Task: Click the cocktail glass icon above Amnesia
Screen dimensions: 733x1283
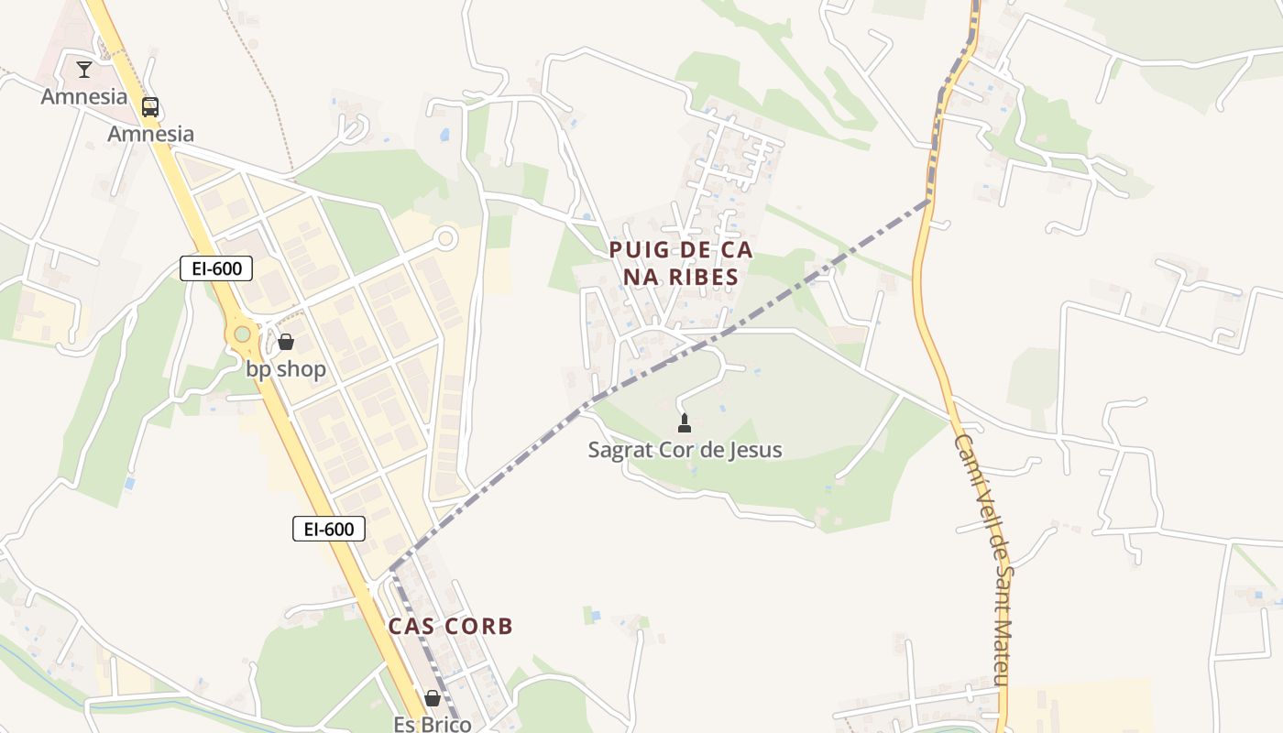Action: coord(84,69)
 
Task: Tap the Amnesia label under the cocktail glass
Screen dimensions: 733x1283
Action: coord(84,96)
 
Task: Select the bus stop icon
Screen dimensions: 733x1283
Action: coord(150,107)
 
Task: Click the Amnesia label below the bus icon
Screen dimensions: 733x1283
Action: coord(151,134)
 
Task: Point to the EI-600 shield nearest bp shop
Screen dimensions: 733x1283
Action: coord(216,268)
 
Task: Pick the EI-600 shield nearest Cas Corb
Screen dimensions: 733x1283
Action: coord(329,529)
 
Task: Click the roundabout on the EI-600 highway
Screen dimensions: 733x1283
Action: coord(242,334)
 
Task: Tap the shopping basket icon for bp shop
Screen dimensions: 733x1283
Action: coord(286,342)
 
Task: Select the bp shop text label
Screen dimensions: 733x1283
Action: coord(286,369)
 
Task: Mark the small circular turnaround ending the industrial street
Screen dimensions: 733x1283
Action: coord(446,239)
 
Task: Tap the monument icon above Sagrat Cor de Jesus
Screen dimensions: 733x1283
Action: coord(684,422)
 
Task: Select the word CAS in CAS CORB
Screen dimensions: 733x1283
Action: coord(410,627)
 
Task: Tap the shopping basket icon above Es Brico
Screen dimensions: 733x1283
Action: coord(433,698)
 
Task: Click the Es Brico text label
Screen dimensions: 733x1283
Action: coord(433,724)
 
